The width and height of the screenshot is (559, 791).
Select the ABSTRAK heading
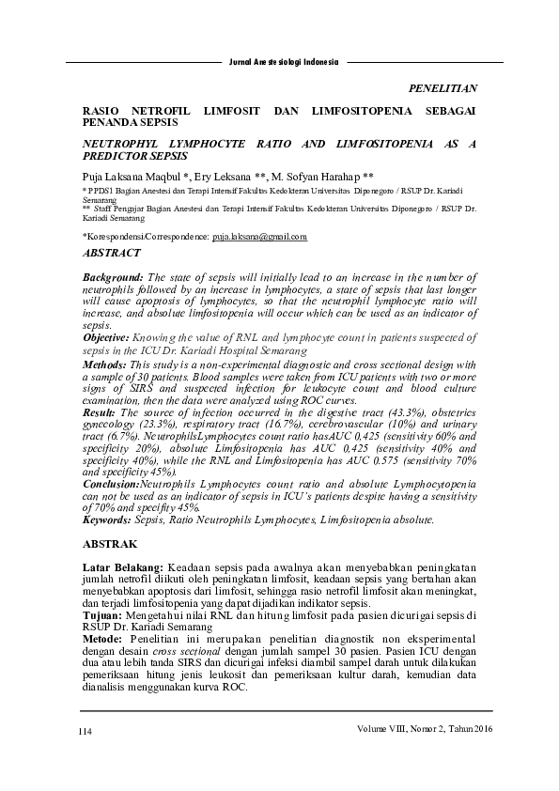(111, 544)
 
